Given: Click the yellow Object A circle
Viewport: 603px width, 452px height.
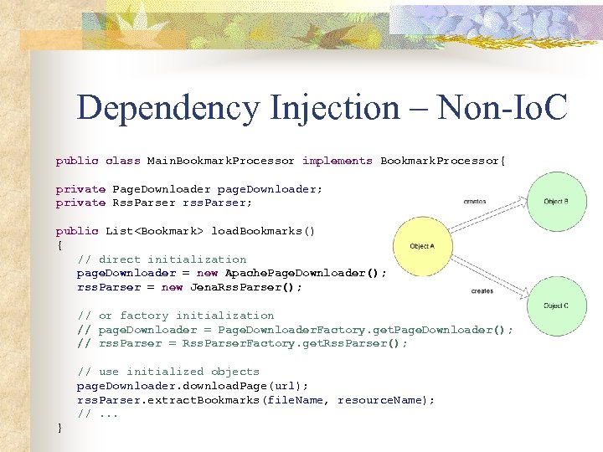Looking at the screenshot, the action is pyautogui.click(x=424, y=246).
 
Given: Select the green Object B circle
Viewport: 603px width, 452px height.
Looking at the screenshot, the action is pyautogui.click(x=556, y=202).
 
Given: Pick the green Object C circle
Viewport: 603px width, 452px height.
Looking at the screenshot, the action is pyautogui.click(x=556, y=306).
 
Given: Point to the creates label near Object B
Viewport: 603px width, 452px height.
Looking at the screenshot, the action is pyautogui.click(x=474, y=202).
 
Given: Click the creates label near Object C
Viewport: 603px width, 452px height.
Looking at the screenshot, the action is pyautogui.click(x=482, y=291).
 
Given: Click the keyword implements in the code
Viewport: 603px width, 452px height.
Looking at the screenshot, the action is pyautogui.click(x=338, y=161).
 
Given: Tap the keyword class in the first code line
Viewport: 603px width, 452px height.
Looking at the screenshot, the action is pyautogui.click(x=122, y=161).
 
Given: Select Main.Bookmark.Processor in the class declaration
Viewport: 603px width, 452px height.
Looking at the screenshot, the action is pyautogui.click(x=221, y=161).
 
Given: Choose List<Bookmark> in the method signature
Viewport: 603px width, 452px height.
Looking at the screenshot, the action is pyautogui.click(x=154, y=231).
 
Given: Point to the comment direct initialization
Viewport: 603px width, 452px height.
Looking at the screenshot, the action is pyautogui.click(x=173, y=259).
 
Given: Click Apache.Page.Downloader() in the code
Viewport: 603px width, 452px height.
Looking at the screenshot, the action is pyautogui.click(x=306, y=273).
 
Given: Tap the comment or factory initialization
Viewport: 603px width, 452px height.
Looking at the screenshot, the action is pyautogui.click(x=186, y=316).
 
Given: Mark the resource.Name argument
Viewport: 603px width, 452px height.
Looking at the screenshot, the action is pyautogui.click(x=385, y=400).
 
